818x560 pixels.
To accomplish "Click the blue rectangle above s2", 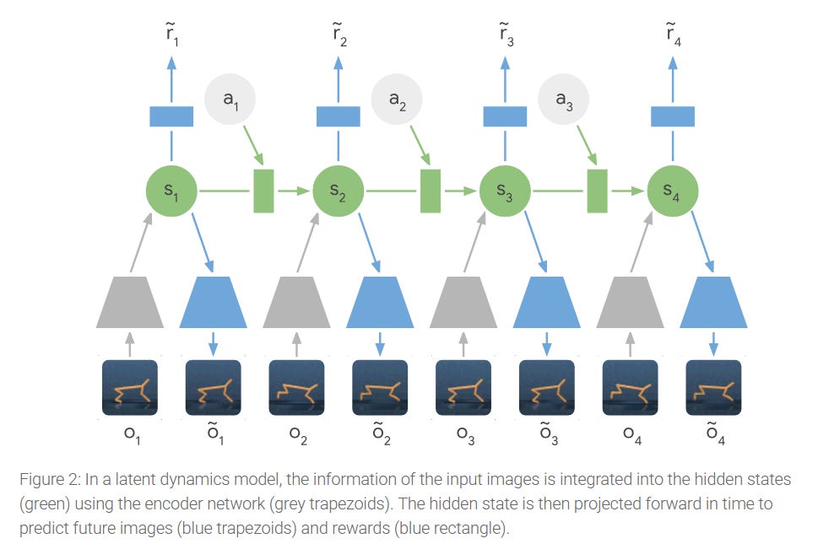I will pyautogui.click(x=338, y=116).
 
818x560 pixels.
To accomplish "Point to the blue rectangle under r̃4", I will pyautogui.click(x=672, y=116).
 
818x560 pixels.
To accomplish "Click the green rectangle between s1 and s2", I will pyautogui.click(x=264, y=191).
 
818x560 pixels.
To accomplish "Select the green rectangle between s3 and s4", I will pyautogui.click(x=598, y=191).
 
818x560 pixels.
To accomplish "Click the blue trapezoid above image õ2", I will pyautogui.click(x=380, y=301).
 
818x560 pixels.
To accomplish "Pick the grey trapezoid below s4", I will pyautogui.click(x=630, y=301).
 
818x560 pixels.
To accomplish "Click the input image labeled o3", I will pyautogui.click(x=463, y=388).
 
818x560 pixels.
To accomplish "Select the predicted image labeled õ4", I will pyautogui.click(x=714, y=388).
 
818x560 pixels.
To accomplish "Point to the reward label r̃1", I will pyautogui.click(x=171, y=35).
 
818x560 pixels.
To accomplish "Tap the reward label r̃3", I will pyautogui.click(x=505, y=35).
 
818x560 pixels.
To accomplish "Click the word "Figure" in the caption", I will pyautogui.click(x=41, y=480).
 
